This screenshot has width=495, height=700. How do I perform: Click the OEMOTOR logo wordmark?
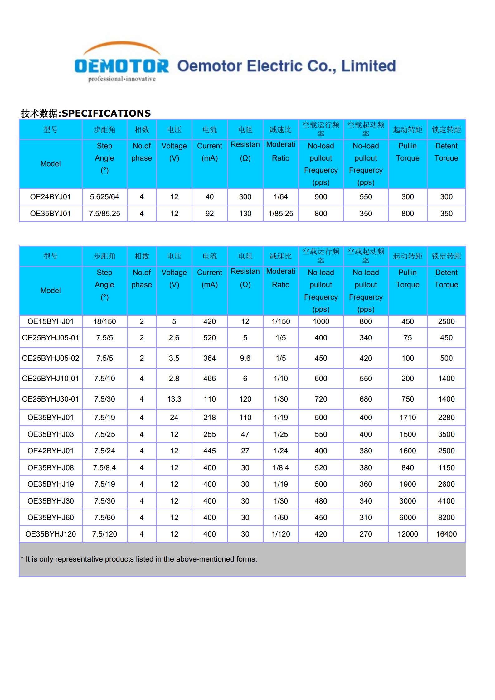point(122,66)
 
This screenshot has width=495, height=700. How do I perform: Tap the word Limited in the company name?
point(368,66)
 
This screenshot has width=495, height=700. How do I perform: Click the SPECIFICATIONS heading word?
point(106,113)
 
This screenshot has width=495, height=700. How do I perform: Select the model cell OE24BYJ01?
point(51,197)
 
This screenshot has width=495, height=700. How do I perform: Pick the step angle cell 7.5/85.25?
point(104,214)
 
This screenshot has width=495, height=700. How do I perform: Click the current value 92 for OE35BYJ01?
point(210,214)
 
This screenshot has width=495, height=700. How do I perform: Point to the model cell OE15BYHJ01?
point(51,321)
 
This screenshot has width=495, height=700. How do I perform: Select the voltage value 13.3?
point(174,399)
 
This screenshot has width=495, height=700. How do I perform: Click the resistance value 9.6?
point(245,358)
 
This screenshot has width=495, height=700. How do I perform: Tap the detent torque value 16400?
point(446,534)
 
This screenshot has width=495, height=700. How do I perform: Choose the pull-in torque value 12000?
point(408,534)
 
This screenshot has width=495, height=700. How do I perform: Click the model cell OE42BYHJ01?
point(51,451)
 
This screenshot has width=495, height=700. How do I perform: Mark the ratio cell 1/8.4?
point(281,468)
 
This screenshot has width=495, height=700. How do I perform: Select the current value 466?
point(210,379)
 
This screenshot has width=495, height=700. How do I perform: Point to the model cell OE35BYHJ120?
point(51,534)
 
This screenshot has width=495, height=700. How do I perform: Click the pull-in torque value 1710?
point(408,418)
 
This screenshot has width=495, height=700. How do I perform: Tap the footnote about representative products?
point(139,559)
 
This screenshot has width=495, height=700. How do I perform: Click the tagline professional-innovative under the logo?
point(122,79)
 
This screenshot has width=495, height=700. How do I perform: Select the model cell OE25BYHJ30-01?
point(51,399)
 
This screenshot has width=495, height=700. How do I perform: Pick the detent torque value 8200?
point(446,518)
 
